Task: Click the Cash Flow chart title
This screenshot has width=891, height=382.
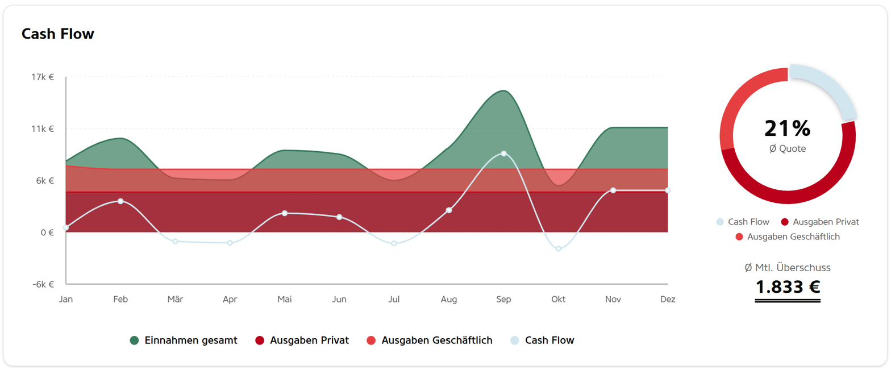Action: tap(58, 34)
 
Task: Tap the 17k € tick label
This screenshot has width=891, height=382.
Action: tap(43, 77)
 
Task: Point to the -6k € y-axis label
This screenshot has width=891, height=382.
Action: tap(43, 284)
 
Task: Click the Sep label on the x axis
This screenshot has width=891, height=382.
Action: tap(503, 299)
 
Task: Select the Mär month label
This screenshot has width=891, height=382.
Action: tap(175, 299)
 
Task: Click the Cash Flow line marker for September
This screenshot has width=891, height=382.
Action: tap(503, 153)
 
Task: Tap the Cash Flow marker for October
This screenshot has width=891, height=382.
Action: tap(559, 249)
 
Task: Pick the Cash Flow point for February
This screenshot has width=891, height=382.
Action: tap(120, 201)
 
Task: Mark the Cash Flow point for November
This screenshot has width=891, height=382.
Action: tap(613, 190)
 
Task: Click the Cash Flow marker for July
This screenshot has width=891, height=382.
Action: tap(394, 243)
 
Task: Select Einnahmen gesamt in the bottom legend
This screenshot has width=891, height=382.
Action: tap(184, 340)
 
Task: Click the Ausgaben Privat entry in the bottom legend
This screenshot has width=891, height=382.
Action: tap(302, 340)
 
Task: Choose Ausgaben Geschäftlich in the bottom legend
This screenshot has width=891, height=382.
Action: tap(430, 340)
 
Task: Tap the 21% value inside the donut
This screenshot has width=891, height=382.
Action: tap(787, 128)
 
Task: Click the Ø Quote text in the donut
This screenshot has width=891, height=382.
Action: tap(788, 149)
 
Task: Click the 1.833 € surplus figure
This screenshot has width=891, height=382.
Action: tap(788, 287)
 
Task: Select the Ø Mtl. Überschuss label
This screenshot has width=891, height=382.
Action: tap(788, 267)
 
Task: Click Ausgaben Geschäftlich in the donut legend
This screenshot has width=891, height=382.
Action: tap(788, 236)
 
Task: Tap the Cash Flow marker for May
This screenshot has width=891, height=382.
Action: tap(285, 213)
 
